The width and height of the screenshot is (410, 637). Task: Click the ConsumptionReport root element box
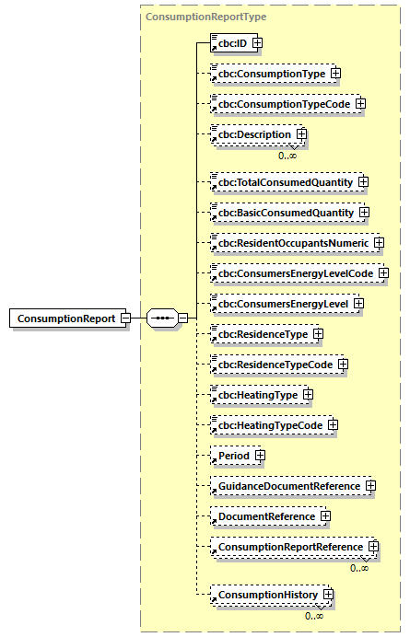[64, 318]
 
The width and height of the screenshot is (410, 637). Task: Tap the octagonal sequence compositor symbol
[163, 318]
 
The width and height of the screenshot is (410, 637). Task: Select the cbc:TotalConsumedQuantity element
[284, 182]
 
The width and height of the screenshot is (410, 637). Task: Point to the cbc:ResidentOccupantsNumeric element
[292, 243]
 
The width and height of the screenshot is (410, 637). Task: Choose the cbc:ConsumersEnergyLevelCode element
[294, 273]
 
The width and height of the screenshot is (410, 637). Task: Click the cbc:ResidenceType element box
[261, 334]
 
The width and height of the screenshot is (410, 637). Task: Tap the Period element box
[233, 456]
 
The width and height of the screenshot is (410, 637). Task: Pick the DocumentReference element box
[266, 516]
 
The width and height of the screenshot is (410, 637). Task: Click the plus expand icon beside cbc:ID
[258, 42]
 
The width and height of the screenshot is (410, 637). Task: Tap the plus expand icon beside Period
[260, 456]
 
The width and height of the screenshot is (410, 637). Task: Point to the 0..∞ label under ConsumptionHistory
[314, 615]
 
